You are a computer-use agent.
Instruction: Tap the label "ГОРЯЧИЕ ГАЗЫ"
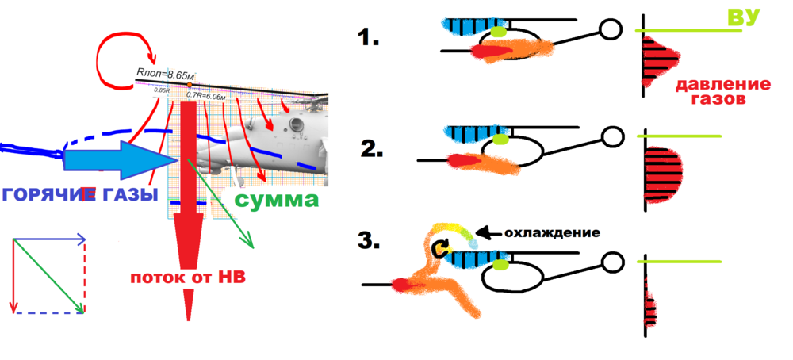(x=79, y=195)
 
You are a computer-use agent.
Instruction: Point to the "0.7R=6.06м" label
(x=205, y=94)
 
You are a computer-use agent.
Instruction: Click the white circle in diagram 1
(x=610, y=29)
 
